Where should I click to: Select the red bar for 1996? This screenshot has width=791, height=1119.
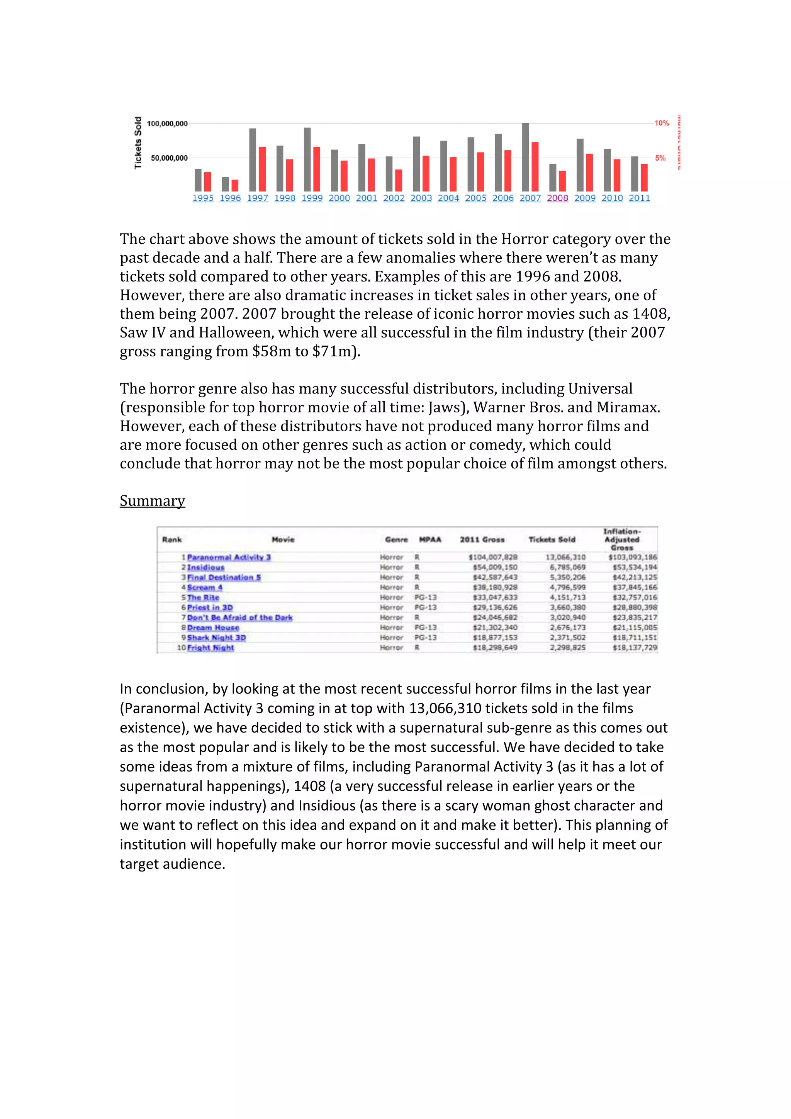point(235,186)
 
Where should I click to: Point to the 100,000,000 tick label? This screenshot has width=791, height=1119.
point(167,124)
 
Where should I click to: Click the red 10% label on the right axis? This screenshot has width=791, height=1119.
point(661,123)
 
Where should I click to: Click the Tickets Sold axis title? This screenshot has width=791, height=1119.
point(138,143)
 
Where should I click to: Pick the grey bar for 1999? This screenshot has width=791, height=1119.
point(307,159)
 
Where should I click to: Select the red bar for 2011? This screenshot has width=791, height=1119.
point(644,177)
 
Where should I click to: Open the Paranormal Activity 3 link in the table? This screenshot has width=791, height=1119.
point(229,557)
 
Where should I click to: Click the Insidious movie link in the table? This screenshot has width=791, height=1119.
point(206,567)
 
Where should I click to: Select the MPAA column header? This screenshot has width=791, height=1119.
point(430,539)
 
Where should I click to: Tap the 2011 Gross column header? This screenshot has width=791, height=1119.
point(482,539)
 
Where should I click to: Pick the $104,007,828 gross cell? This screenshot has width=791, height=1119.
point(493,557)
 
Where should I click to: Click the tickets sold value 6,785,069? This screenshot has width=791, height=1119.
point(568,567)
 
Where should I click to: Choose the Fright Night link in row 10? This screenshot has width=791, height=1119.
point(210,648)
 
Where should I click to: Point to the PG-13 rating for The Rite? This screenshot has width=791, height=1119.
point(426,597)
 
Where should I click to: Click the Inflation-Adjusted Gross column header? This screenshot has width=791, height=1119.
point(622,539)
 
